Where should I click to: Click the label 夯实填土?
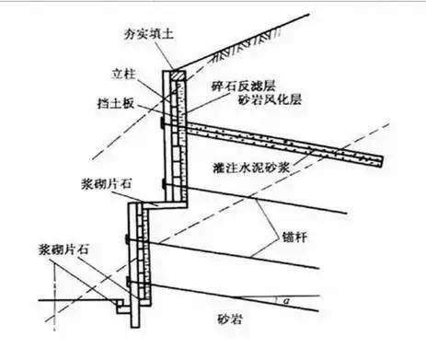[x=147, y=34]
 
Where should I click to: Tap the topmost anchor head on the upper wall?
[x=164, y=120]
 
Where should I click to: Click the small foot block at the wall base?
[x=122, y=299]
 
